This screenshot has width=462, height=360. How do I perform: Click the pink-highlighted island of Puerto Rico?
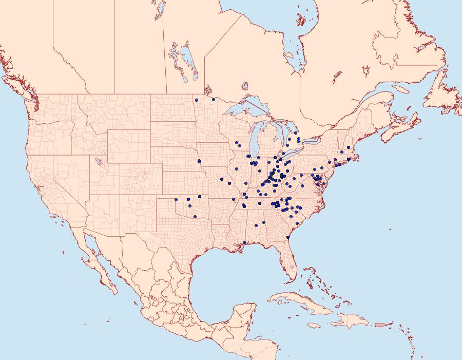(x=380, y=324)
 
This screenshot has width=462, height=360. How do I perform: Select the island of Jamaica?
(x=314, y=326)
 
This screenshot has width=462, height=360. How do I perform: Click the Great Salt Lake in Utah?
(x=97, y=161)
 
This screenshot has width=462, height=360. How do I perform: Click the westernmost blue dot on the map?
(x=176, y=199)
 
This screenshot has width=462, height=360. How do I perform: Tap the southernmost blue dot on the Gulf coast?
(x=244, y=242)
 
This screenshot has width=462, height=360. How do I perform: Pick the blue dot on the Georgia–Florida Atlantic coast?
(x=288, y=237)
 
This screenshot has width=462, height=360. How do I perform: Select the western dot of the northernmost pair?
(x=197, y=100)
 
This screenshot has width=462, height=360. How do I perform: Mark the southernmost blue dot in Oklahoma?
(x=195, y=216)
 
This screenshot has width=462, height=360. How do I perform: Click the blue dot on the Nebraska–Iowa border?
(x=199, y=161)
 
